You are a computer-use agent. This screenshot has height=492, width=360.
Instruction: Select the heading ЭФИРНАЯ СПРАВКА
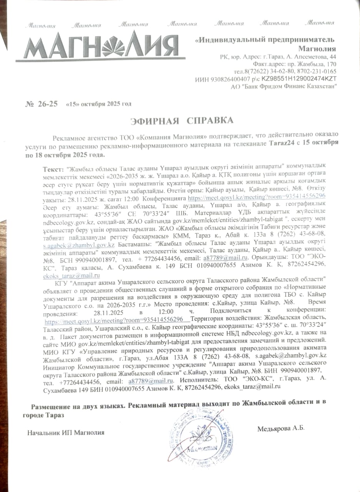182,121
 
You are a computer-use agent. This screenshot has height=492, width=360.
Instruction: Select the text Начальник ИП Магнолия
66,432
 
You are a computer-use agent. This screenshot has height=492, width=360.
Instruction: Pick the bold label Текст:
54,170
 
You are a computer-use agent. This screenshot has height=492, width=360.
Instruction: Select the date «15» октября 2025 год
99,104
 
